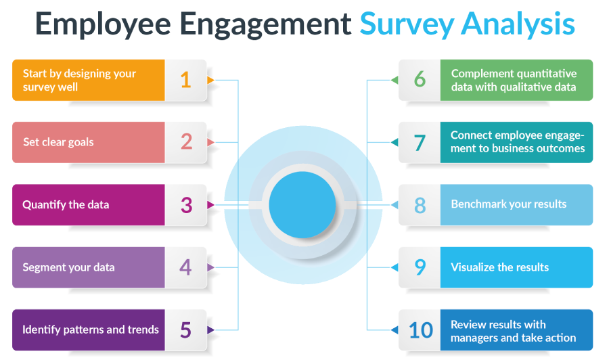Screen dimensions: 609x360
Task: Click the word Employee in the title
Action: coord(103,25)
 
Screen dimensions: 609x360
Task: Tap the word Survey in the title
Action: coord(407,25)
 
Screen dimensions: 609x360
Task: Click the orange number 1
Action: coord(185,80)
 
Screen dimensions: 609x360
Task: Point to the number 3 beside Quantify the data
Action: coord(187,205)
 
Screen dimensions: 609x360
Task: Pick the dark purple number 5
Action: coord(185,330)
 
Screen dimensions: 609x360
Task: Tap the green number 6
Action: coord(420,79)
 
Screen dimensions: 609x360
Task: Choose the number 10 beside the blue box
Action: coord(421,330)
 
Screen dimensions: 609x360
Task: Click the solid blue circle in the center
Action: coord(302,205)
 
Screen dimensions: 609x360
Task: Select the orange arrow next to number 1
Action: coord(210,81)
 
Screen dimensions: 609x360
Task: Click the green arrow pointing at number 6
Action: coord(394,81)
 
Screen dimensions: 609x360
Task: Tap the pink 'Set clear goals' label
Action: coord(58,142)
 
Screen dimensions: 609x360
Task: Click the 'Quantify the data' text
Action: coord(66,204)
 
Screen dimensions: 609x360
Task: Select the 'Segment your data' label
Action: coord(68,267)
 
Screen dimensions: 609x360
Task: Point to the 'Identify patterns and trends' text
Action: coord(91,330)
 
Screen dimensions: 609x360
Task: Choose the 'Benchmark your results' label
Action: coord(508,204)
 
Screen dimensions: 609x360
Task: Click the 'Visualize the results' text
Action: coord(499,267)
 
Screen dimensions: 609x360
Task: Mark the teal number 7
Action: coord(420,143)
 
